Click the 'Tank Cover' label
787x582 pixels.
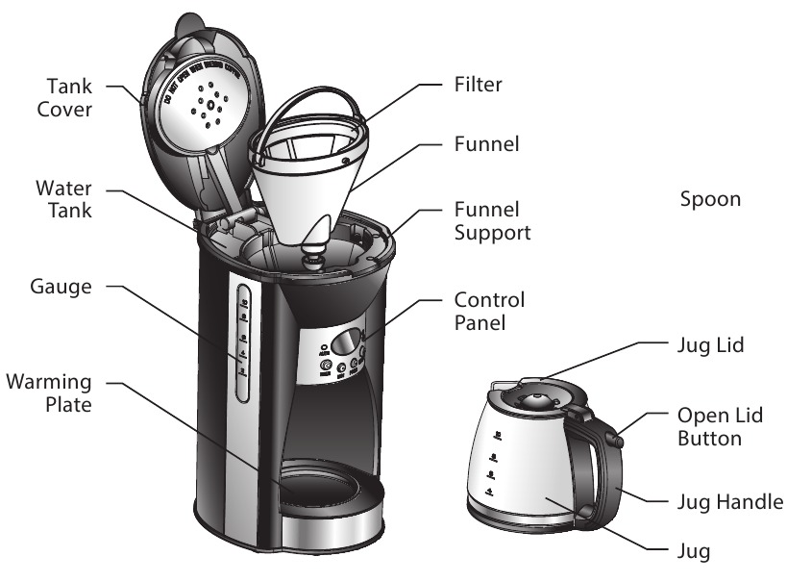click(x=64, y=96)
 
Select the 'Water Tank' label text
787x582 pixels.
click(x=64, y=197)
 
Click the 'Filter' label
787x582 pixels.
click(x=478, y=86)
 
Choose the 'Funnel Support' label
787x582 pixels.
click(x=491, y=221)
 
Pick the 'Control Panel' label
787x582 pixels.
click(x=489, y=311)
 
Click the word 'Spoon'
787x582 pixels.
click(x=710, y=200)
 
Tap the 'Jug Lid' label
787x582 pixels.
click(x=709, y=343)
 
